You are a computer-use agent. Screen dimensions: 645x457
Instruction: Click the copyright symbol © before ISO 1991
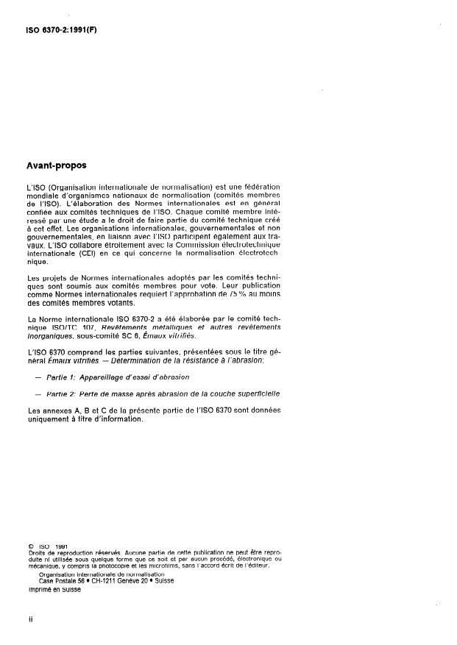pos(30,546)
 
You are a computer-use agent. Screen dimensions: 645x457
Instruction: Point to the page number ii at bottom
pos(30,620)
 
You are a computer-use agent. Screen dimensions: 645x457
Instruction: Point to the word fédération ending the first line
pos(259,188)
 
